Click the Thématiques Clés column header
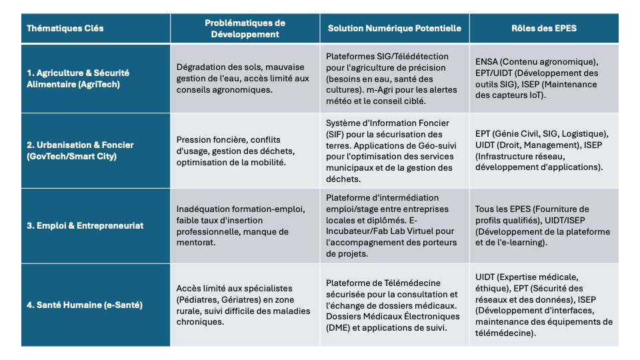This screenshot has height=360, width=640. pyautogui.click(x=65, y=29)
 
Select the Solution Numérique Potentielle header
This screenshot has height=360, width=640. pyautogui.click(x=394, y=29)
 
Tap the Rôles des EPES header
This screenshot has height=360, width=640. pyautogui.click(x=543, y=29)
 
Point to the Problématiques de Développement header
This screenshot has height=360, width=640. pyautogui.click(x=245, y=28)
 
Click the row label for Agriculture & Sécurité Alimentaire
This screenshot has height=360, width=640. pyautogui.click(x=78, y=78)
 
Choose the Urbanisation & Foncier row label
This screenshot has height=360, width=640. pyautogui.click(x=80, y=150)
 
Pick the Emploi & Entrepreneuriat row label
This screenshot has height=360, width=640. pyautogui.click(x=85, y=225)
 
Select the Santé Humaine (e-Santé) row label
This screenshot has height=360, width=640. pyautogui.click(x=84, y=305)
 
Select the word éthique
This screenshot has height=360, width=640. pyautogui.click(x=491, y=288)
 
